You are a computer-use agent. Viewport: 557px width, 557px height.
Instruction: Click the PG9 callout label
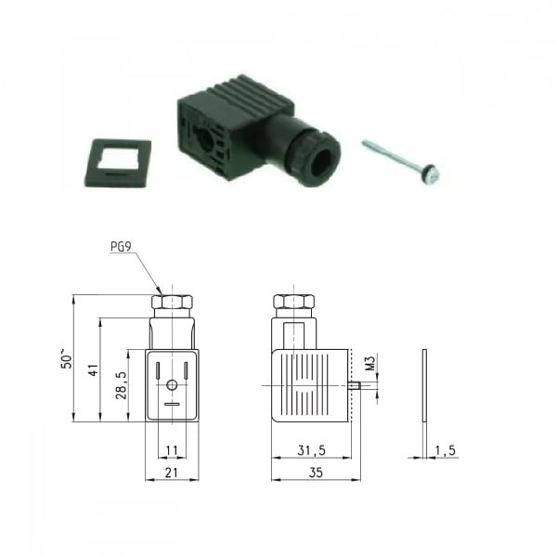pyautogui.click(x=121, y=246)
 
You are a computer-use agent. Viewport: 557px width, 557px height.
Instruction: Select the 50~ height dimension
pyautogui.click(x=67, y=358)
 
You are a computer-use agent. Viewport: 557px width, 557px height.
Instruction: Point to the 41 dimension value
pyautogui.click(x=93, y=369)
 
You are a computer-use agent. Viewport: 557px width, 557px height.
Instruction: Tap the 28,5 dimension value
pyautogui.click(x=121, y=385)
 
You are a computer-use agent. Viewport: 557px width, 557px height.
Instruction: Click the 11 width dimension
pyautogui.click(x=172, y=450)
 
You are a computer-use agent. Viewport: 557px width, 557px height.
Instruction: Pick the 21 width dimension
pyautogui.click(x=172, y=473)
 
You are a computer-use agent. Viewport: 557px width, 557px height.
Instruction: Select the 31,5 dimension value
pyautogui.click(x=312, y=450)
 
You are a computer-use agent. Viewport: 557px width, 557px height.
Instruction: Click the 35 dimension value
pyautogui.click(x=316, y=473)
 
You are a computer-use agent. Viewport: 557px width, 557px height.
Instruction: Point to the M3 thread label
pyautogui.click(x=370, y=363)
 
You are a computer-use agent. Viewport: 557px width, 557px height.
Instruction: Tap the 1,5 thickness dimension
pyautogui.click(x=445, y=450)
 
